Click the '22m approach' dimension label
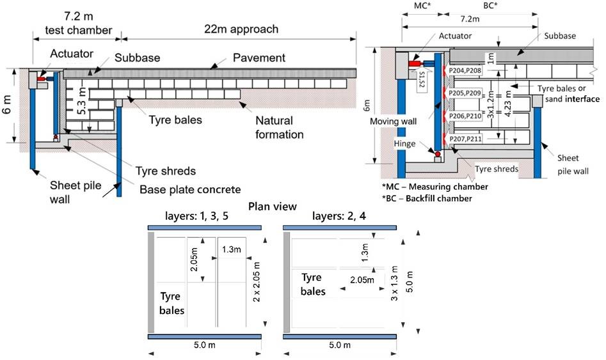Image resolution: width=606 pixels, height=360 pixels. [241, 29]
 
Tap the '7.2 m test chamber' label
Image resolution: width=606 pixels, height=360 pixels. [79, 23]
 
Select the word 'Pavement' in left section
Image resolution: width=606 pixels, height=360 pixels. [259, 58]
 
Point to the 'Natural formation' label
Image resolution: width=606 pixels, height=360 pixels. [279, 127]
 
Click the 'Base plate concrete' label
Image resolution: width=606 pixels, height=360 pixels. [190, 190]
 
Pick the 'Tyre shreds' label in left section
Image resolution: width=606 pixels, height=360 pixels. [165, 171]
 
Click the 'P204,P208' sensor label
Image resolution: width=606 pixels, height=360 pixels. [465, 70]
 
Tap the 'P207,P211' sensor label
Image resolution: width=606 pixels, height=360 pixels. [465, 139]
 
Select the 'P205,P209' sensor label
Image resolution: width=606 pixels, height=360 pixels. [465, 93]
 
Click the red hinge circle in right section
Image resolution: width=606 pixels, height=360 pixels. [438, 154]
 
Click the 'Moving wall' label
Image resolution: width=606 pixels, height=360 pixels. [393, 121]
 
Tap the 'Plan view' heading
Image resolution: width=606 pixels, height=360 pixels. [273, 207]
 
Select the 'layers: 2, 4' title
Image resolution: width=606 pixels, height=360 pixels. [339, 216]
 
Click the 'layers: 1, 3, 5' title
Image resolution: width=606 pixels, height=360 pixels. [196, 216]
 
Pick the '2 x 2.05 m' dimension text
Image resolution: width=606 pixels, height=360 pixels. [256, 282]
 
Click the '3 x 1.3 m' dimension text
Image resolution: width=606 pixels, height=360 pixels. [394, 283]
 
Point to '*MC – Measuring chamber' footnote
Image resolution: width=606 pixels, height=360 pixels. [435, 187]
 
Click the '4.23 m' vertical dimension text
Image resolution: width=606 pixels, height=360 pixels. [508, 103]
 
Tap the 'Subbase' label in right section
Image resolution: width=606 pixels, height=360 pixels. [560, 36]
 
